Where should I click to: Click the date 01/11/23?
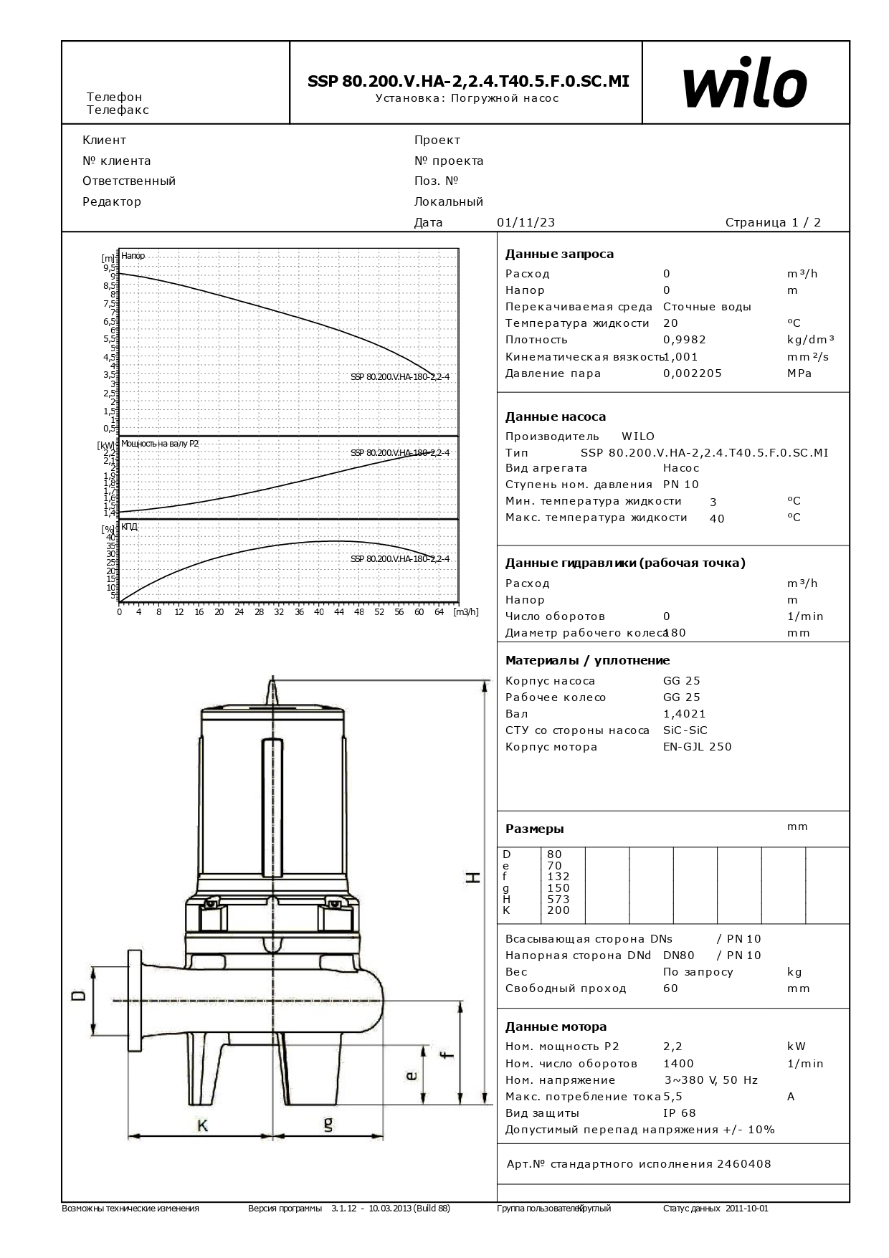[526, 222]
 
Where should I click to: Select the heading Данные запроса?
[559, 254]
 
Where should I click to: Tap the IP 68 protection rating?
[679, 1113]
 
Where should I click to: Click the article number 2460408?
[743, 1164]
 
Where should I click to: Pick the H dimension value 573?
[558, 899]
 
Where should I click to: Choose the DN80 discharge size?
[678, 956]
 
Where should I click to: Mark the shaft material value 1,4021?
[684, 714]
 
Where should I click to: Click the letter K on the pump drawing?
[202, 1126]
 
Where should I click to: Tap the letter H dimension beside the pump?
[472, 877]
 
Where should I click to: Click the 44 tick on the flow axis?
[339, 612]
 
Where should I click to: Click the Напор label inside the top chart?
[133, 256]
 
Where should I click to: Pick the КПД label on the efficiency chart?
[129, 527]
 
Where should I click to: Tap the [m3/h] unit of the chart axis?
[465, 612]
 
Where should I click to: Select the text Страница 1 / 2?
[773, 222]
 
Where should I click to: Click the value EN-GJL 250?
[697, 747]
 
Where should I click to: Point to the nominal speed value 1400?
[678, 1064]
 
